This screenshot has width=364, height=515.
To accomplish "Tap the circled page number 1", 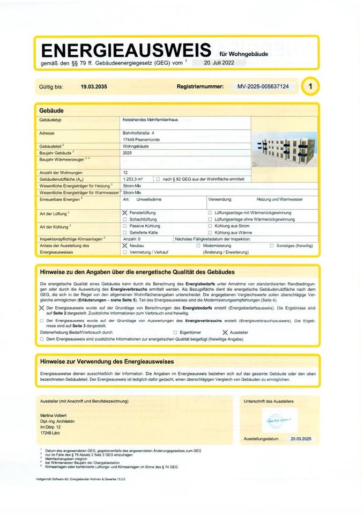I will point(311,86).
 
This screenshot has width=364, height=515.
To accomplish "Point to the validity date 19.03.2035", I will point(94,86).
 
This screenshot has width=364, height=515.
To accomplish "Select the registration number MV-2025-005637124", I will point(266,86).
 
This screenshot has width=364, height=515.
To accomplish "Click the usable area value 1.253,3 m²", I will point(133,179).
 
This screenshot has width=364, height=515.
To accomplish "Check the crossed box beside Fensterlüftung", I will point(125,213).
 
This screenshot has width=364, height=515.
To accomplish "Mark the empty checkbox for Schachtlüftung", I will point(125,219).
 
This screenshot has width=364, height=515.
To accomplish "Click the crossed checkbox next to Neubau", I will point(125,245).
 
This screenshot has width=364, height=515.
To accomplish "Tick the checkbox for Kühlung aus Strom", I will point(210,226).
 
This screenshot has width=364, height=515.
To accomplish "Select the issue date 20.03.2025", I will point(301,439).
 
